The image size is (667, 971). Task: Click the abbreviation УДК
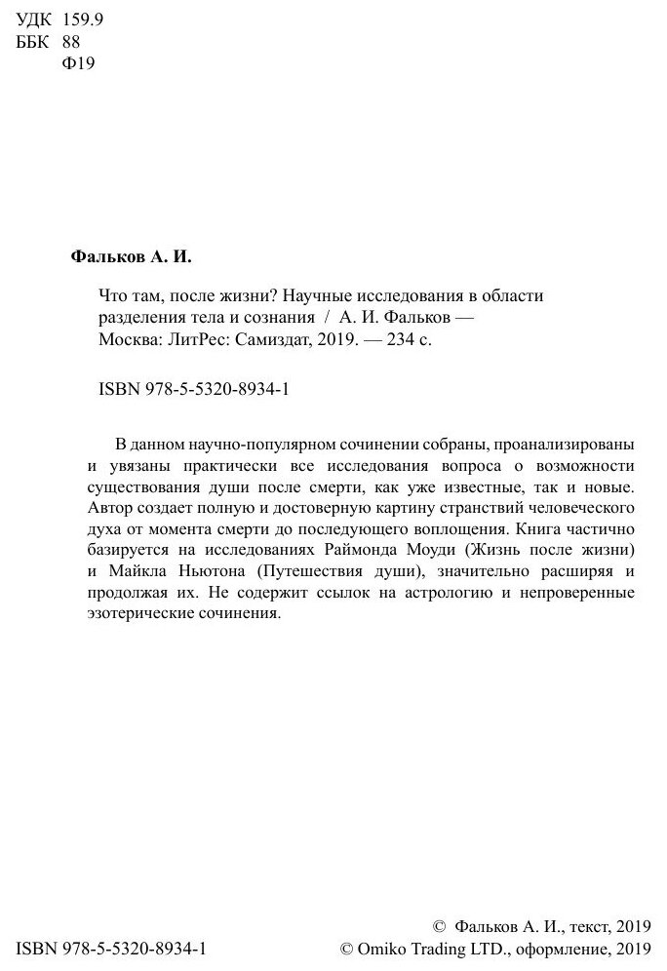(35, 21)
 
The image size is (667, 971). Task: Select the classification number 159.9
(81, 21)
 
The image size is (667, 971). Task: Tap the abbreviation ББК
(35, 43)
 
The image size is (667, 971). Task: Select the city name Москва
(127, 341)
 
